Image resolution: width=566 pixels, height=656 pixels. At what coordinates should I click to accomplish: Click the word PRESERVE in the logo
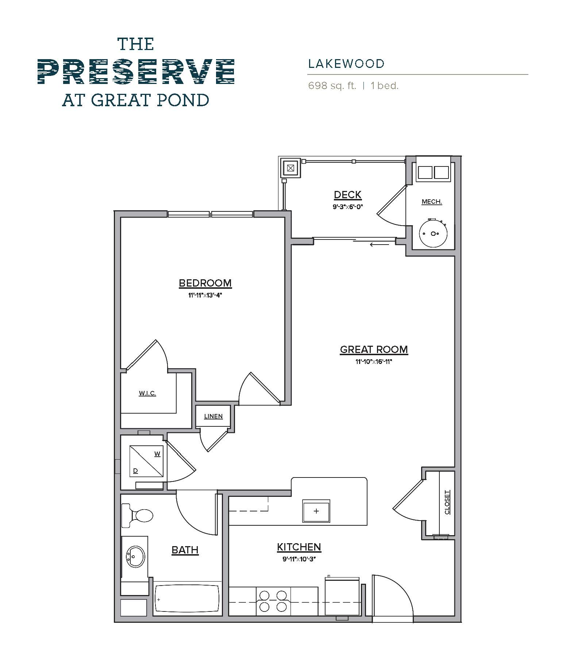tap(136, 72)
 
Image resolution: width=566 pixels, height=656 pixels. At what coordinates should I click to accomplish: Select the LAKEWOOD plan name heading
tap(346, 64)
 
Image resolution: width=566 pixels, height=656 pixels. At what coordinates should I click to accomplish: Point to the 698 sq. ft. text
tap(332, 86)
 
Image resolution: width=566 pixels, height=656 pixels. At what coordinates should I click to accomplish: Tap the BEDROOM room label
tap(205, 283)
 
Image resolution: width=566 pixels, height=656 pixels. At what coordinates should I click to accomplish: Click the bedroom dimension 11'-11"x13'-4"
tap(205, 295)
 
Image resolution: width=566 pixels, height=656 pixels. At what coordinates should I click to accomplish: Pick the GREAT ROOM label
tap(374, 349)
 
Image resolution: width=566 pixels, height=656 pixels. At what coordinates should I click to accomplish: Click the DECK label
tap(347, 195)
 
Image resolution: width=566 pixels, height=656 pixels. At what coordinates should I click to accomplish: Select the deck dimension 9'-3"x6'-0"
tap(347, 207)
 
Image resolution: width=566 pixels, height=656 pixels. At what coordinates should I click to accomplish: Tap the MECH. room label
tap(432, 202)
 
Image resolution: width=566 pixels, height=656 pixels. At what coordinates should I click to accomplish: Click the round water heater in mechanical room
tap(433, 233)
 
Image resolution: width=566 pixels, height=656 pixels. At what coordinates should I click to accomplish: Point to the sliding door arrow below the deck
tap(380, 245)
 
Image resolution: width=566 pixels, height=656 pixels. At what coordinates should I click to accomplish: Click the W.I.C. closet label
tap(147, 393)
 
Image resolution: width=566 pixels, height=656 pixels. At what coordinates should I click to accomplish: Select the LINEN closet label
tap(213, 416)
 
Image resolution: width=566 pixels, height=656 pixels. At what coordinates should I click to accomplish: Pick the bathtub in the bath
tap(187, 599)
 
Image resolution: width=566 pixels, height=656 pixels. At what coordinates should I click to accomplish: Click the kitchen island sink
tap(316, 511)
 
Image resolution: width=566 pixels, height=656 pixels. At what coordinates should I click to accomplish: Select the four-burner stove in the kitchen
tap(273, 601)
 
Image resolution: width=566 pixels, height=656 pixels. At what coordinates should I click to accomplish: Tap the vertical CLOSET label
tap(447, 502)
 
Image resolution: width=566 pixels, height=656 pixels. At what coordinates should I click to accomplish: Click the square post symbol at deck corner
tap(290, 168)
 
